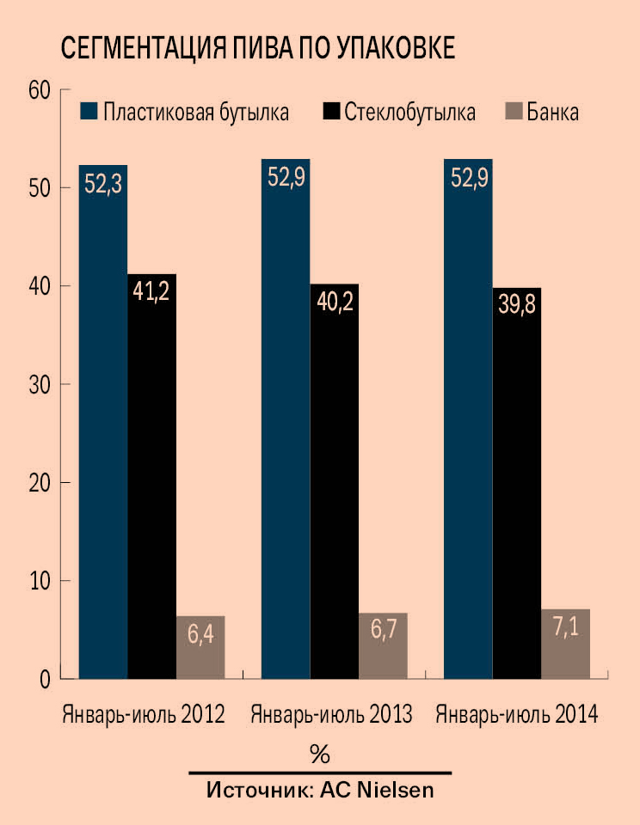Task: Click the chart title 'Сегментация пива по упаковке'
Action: (x=257, y=48)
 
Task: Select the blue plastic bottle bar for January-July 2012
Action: (x=103, y=421)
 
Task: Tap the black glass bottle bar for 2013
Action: (x=335, y=481)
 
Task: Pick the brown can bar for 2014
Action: (x=565, y=644)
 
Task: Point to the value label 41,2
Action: (x=151, y=291)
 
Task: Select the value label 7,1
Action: (x=565, y=628)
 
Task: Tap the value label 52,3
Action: (x=103, y=184)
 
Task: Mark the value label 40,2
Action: (x=335, y=302)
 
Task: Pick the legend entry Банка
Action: (x=552, y=113)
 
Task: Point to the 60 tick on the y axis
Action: (x=40, y=89)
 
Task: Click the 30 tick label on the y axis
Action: (x=40, y=384)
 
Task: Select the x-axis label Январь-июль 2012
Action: (x=144, y=714)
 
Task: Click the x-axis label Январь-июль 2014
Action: (x=517, y=714)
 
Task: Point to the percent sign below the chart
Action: (x=319, y=755)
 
